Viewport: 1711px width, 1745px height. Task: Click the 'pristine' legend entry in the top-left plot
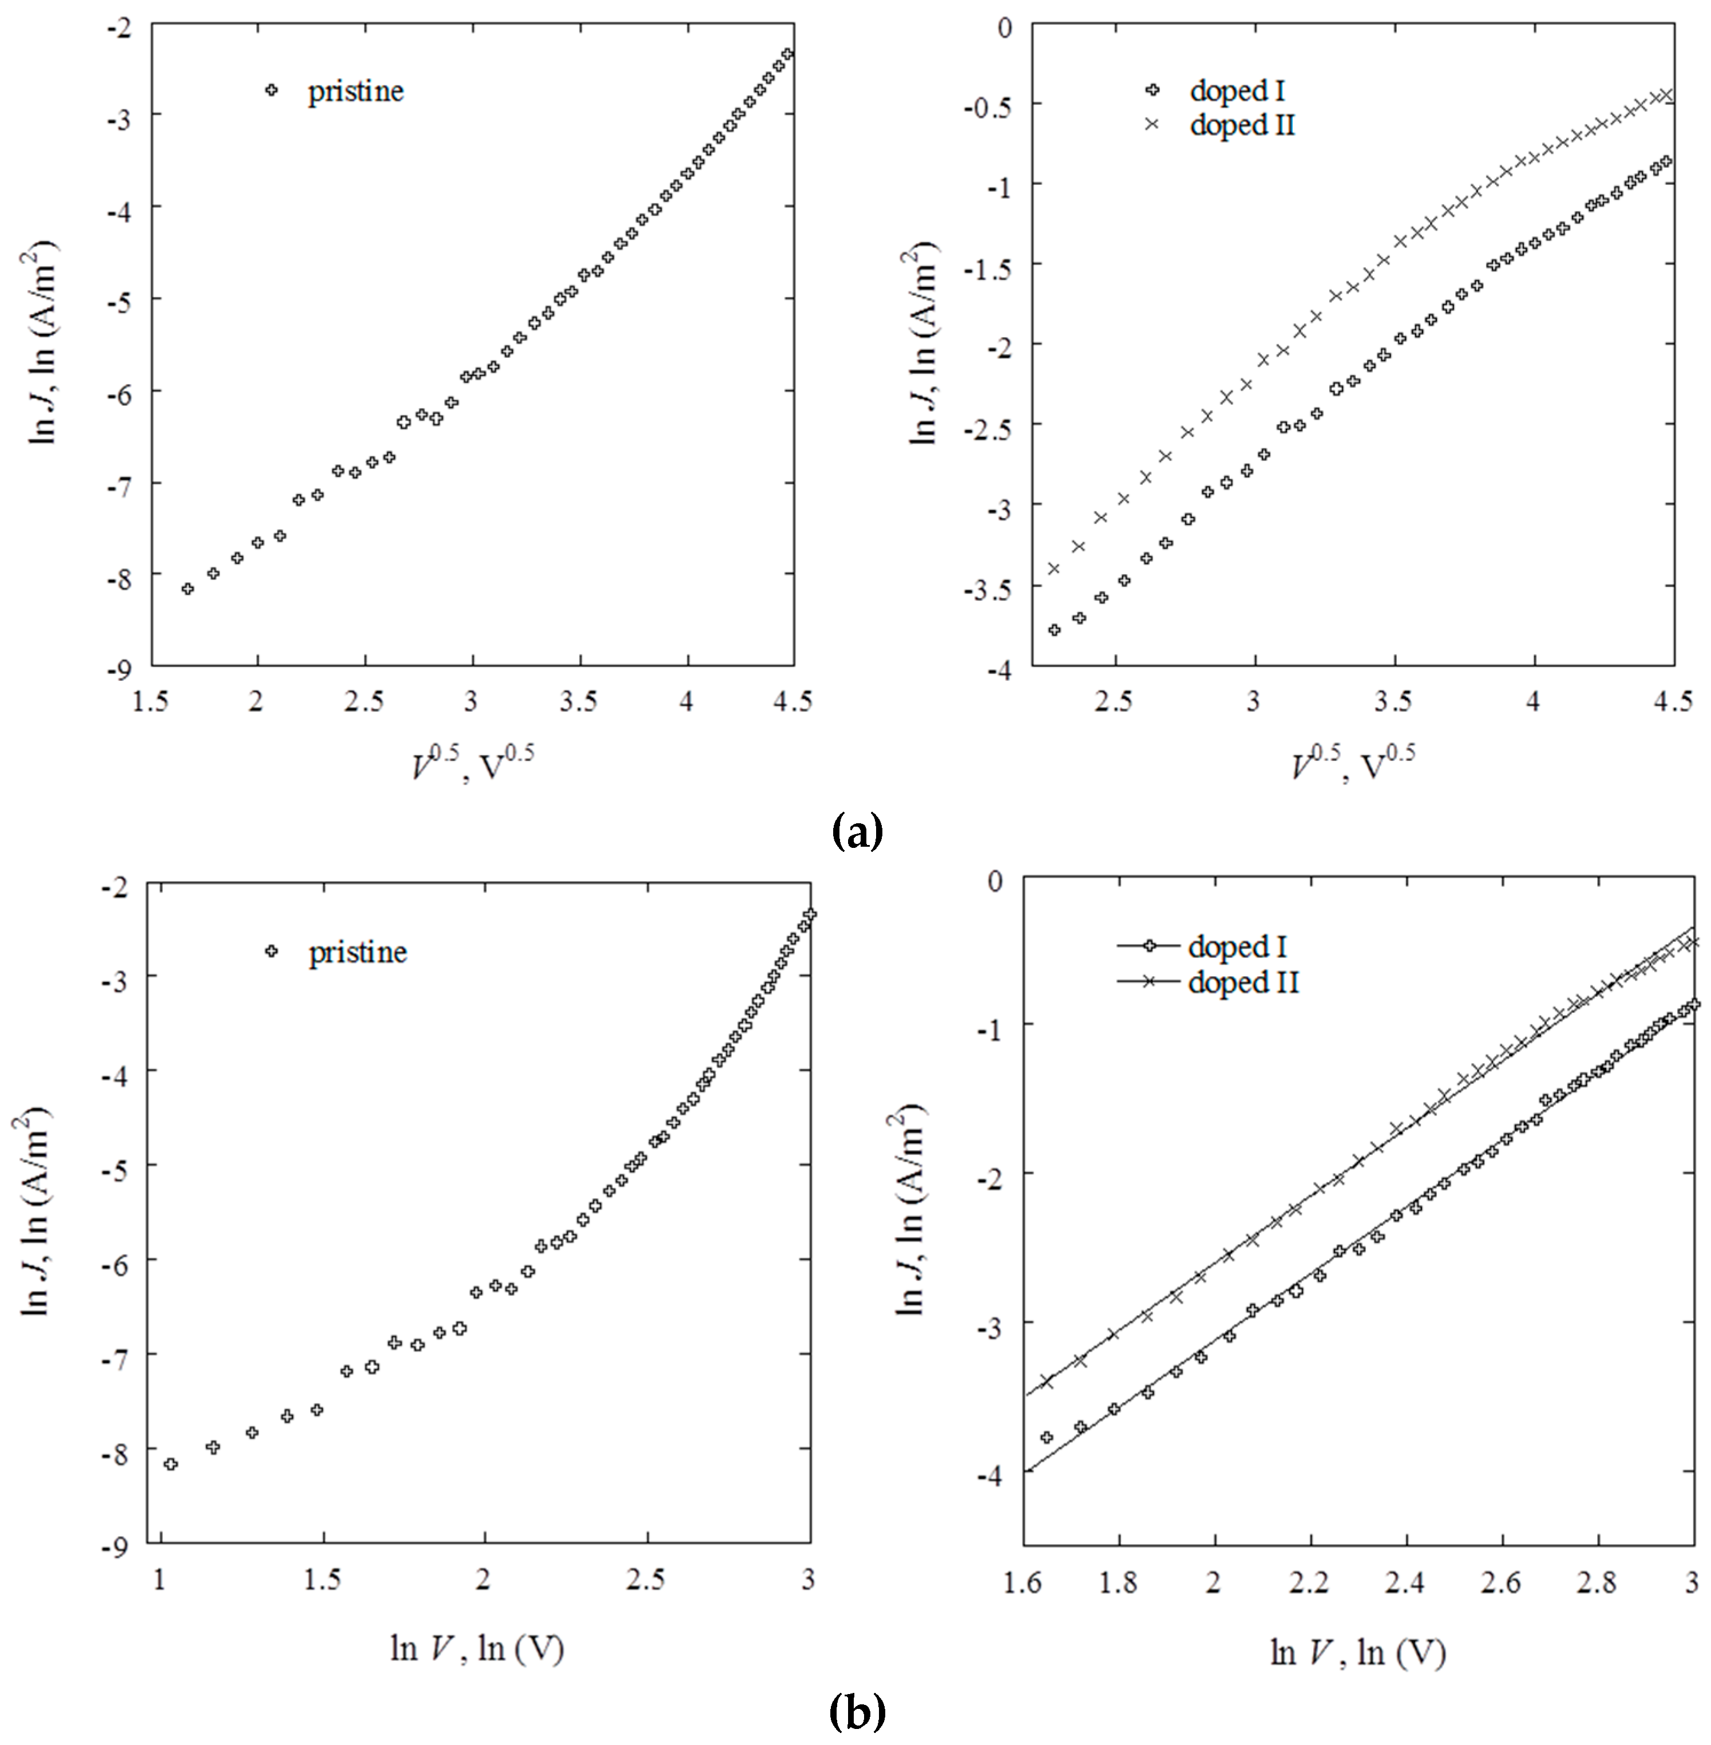tap(355, 91)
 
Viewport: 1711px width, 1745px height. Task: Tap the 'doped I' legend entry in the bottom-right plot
tap(1237, 947)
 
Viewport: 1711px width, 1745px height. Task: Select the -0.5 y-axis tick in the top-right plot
tap(988, 104)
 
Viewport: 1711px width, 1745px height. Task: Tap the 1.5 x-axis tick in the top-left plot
tap(151, 702)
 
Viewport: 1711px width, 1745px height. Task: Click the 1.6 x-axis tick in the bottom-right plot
tap(1024, 1583)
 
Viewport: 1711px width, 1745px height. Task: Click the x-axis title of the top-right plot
tap(1352, 764)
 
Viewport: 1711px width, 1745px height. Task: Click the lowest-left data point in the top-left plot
tap(187, 589)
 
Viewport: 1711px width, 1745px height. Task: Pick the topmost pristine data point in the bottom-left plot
tap(810, 913)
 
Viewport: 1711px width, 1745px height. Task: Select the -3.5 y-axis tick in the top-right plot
tap(988, 586)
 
